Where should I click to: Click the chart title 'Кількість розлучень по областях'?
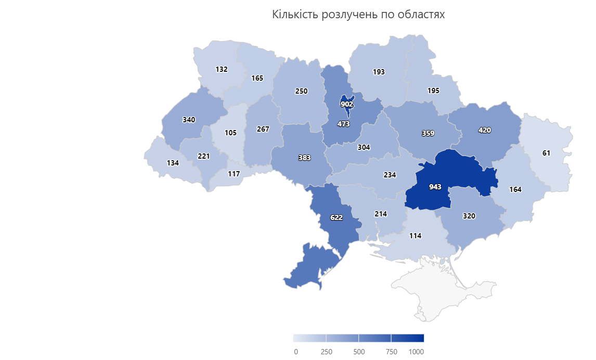(x=358, y=15)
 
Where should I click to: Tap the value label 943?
(x=435, y=187)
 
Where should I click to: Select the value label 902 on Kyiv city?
(x=347, y=104)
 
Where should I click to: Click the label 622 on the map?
(x=336, y=217)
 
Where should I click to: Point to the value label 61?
(x=546, y=152)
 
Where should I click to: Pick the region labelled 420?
(x=484, y=130)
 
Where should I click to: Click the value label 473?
(x=343, y=124)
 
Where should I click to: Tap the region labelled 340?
(x=189, y=120)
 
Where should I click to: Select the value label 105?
(x=230, y=133)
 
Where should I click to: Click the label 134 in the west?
(x=173, y=163)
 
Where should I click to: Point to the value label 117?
(x=234, y=174)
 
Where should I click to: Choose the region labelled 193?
(x=379, y=72)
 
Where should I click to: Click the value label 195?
(x=433, y=91)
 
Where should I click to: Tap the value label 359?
(x=427, y=133)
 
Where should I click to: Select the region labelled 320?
(x=469, y=216)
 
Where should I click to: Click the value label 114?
(x=414, y=236)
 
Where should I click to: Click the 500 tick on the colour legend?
(x=359, y=352)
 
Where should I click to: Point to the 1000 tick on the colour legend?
(x=416, y=352)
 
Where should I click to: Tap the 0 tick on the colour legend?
(x=296, y=352)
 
